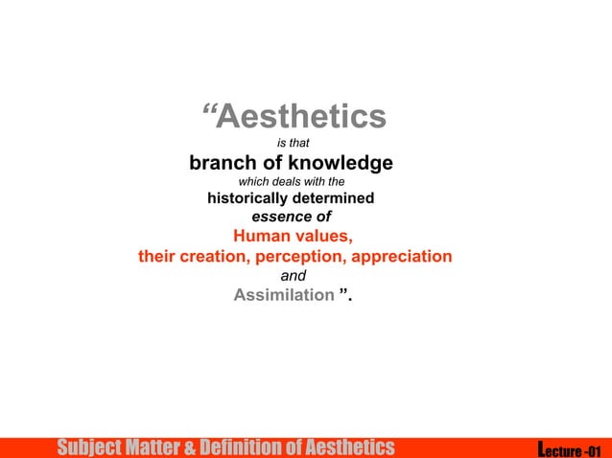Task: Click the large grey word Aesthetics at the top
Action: click(x=301, y=118)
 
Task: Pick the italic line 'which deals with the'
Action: click(x=291, y=182)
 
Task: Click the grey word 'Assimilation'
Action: click(x=283, y=295)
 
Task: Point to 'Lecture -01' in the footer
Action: click(x=571, y=448)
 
